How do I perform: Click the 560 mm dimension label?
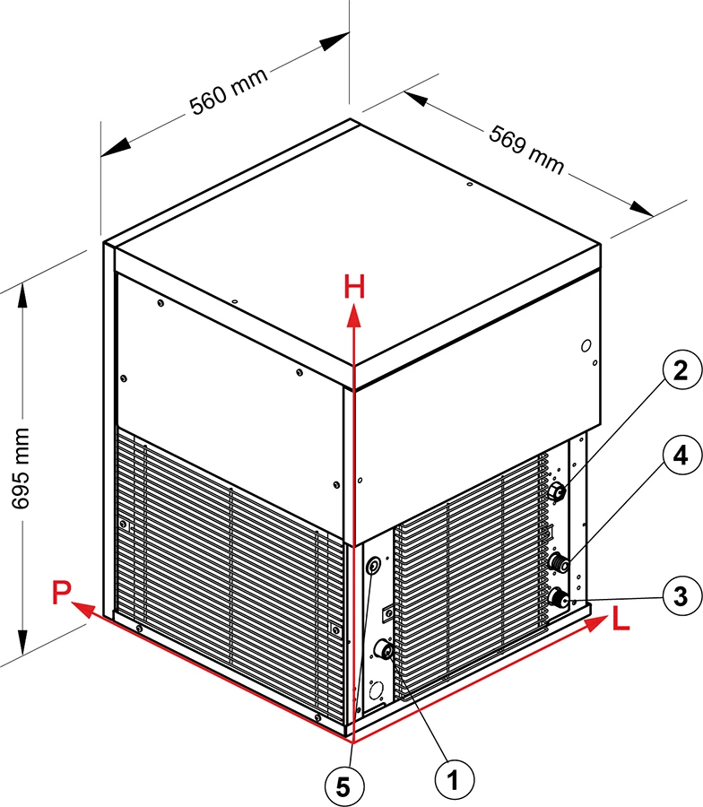point(229,91)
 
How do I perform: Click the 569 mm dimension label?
point(526,149)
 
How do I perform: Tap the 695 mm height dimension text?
point(21,468)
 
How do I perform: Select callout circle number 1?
point(454,781)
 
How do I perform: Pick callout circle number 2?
point(681,369)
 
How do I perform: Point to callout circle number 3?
point(681,596)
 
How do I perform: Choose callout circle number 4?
point(681,455)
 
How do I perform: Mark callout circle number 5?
point(343,786)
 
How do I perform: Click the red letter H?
point(354,287)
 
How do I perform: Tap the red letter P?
point(61,592)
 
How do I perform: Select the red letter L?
point(621,618)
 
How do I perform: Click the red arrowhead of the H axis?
point(353,315)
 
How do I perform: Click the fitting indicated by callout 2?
point(558,492)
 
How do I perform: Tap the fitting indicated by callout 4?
point(559,561)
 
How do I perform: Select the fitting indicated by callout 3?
point(559,599)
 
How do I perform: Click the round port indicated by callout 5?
point(373,567)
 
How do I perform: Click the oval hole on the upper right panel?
point(586,346)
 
